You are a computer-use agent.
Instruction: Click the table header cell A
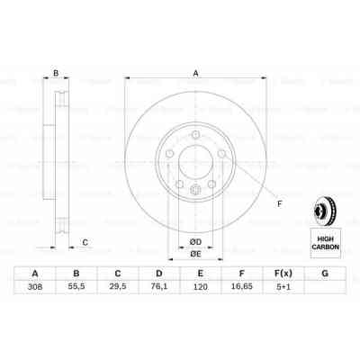point(34,274)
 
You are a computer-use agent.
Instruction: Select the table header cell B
point(76,274)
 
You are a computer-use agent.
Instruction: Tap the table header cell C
point(116,274)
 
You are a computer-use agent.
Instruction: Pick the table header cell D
point(158,274)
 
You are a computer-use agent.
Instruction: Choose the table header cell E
point(200,274)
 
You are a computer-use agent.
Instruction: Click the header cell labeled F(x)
point(283,274)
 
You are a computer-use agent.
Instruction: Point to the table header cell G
point(325,274)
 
